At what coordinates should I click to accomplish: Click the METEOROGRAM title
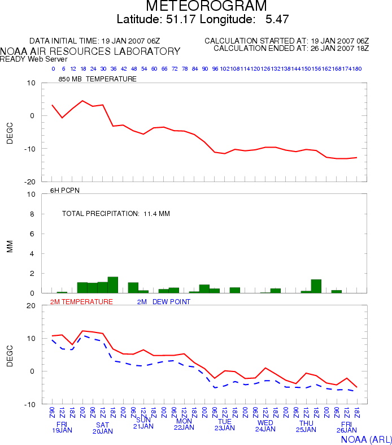pyautogui.click(x=206, y=6)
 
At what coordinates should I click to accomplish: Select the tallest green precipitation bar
pyautogui.click(x=112, y=285)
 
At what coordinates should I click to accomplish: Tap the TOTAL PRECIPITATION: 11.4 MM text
pyautogui.click(x=116, y=214)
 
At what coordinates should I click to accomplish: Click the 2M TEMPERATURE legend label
pyautogui.click(x=82, y=302)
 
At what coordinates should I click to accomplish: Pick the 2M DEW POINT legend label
pyautogui.click(x=164, y=302)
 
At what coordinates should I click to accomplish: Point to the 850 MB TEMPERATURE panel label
pyautogui.click(x=97, y=79)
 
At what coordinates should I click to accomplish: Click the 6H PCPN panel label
pyautogui.click(x=65, y=191)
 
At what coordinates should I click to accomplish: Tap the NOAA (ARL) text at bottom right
pyautogui.click(x=366, y=438)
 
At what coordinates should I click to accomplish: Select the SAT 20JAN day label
pyautogui.click(x=102, y=427)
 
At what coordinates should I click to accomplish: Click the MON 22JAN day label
pyautogui.click(x=184, y=425)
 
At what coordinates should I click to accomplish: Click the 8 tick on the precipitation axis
pyautogui.click(x=32, y=214)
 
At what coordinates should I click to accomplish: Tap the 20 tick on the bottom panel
pyautogui.click(x=31, y=305)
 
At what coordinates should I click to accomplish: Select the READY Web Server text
pyautogui.click(x=34, y=59)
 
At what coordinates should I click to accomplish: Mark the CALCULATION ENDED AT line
pyautogui.click(x=291, y=48)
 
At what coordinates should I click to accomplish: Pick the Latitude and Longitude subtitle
pyautogui.click(x=203, y=19)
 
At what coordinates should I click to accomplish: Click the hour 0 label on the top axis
pyautogui.click(x=53, y=69)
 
